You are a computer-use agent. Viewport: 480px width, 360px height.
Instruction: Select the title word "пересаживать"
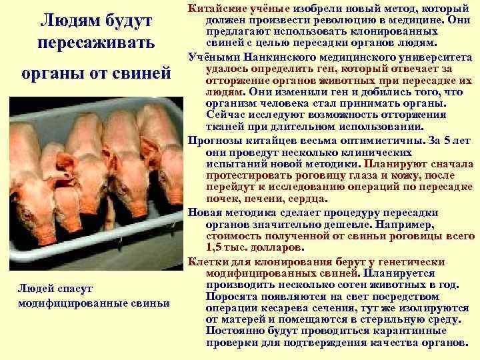(97, 44)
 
